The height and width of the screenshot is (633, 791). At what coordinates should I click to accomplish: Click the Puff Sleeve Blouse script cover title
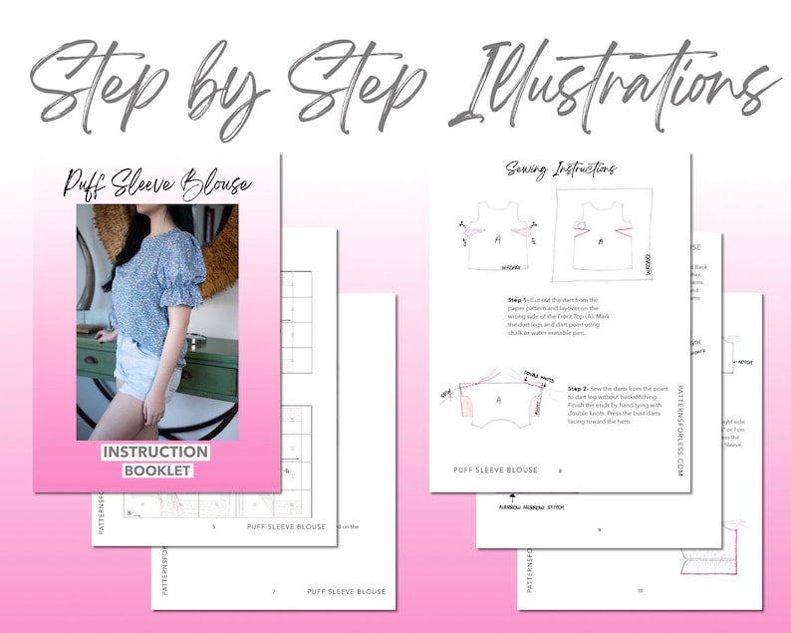(157, 183)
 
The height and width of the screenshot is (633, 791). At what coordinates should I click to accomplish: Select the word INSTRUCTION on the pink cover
(156, 453)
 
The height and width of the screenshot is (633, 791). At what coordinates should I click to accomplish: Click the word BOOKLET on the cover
(156, 471)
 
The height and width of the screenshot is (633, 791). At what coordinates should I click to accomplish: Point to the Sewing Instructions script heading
(560, 170)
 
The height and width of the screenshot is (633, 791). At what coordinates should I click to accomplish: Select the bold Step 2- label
(583, 388)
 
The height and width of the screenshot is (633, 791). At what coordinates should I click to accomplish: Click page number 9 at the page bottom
(599, 529)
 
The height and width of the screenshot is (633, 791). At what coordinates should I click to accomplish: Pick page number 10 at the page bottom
(640, 590)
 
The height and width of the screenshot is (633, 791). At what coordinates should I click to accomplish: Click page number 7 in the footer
(274, 591)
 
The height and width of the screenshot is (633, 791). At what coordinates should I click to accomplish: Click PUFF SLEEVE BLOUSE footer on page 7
(346, 591)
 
